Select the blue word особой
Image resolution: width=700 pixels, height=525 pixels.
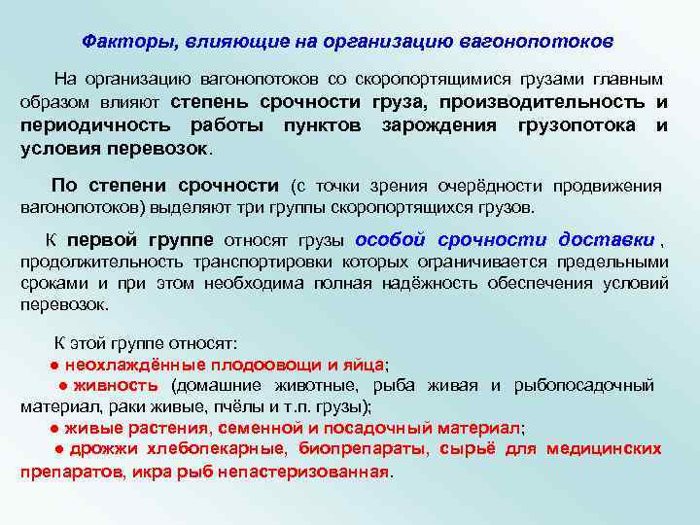click(392, 240)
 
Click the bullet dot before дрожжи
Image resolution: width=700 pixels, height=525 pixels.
click(59, 448)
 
